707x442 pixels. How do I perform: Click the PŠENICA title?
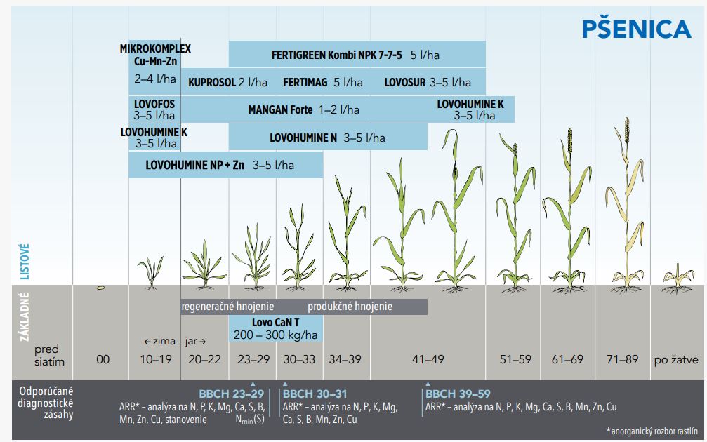pyautogui.click(x=636, y=29)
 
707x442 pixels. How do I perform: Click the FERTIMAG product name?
pyautogui.click(x=305, y=82)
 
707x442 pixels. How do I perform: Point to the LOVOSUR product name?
pyautogui.click(x=405, y=82)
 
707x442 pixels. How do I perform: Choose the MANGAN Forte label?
pyautogui.click(x=279, y=109)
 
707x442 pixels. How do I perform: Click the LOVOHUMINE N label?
pyautogui.click(x=303, y=138)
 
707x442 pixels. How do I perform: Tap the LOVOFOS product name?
pyautogui.click(x=154, y=104)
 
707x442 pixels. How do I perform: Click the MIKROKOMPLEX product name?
pyautogui.click(x=155, y=48)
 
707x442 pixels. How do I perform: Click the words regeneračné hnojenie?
pyautogui.click(x=227, y=307)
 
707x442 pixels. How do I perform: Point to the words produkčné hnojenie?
pyautogui.click(x=350, y=307)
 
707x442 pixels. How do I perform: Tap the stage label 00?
pyautogui.click(x=103, y=360)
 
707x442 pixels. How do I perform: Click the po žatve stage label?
pyautogui.click(x=675, y=360)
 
